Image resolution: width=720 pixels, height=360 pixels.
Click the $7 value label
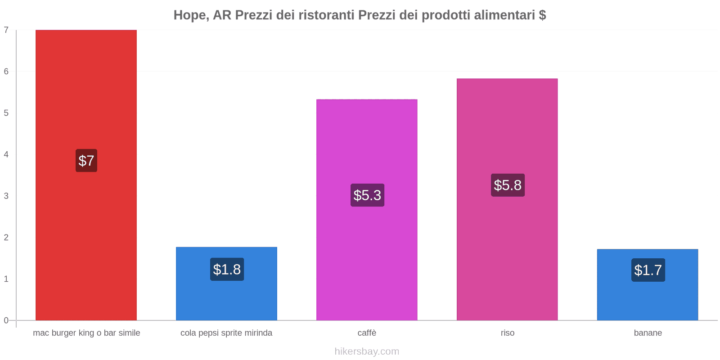[x=86, y=161]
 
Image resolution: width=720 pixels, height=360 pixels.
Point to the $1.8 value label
[x=227, y=270]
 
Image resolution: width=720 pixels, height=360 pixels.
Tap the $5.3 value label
[x=367, y=195]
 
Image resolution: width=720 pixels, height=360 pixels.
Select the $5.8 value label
[x=508, y=185]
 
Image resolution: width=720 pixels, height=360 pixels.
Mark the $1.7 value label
[x=648, y=270]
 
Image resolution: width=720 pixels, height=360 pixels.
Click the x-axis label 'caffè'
[x=367, y=333]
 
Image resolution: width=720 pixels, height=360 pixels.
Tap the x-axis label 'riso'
[x=507, y=333]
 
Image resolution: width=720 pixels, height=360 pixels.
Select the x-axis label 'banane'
[x=648, y=333]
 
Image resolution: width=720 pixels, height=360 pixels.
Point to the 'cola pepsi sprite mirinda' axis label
[x=226, y=333]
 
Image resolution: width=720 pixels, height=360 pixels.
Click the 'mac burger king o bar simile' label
[x=86, y=333]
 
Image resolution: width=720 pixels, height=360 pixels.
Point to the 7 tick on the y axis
[x=6, y=30]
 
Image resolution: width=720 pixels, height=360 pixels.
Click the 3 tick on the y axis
[x=6, y=196]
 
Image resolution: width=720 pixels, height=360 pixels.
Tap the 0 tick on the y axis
[x=6, y=320]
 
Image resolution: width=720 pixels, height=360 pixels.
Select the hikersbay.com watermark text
[x=367, y=351]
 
